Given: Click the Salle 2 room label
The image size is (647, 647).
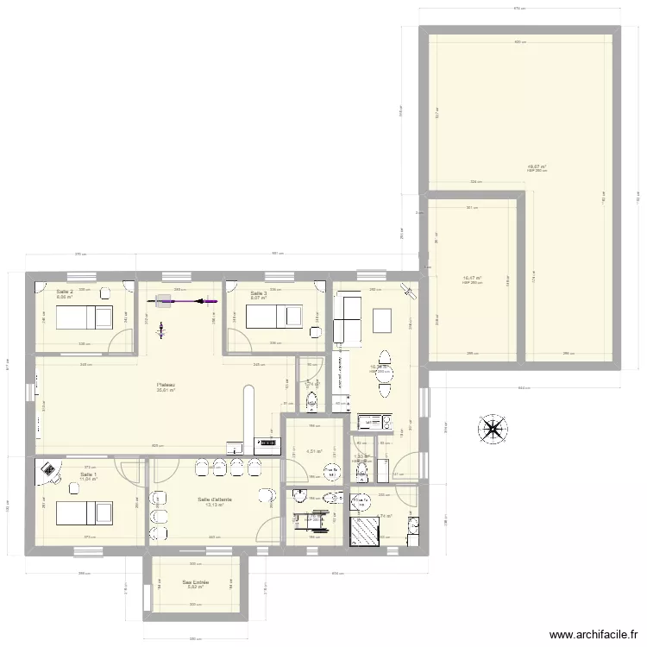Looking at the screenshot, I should coord(64,292).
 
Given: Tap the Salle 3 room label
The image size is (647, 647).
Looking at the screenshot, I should coord(258,293).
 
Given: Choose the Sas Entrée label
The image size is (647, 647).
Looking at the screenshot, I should coord(196,582).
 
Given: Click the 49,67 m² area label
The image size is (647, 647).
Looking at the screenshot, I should coord(537,166).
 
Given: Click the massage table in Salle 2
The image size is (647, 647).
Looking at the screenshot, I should coord(84,318).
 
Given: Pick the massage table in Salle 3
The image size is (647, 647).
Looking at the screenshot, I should coord(274,318).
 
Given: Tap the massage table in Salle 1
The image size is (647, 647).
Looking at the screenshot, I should coord(84,513).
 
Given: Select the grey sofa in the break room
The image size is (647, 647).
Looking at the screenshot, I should coord(349,317).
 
